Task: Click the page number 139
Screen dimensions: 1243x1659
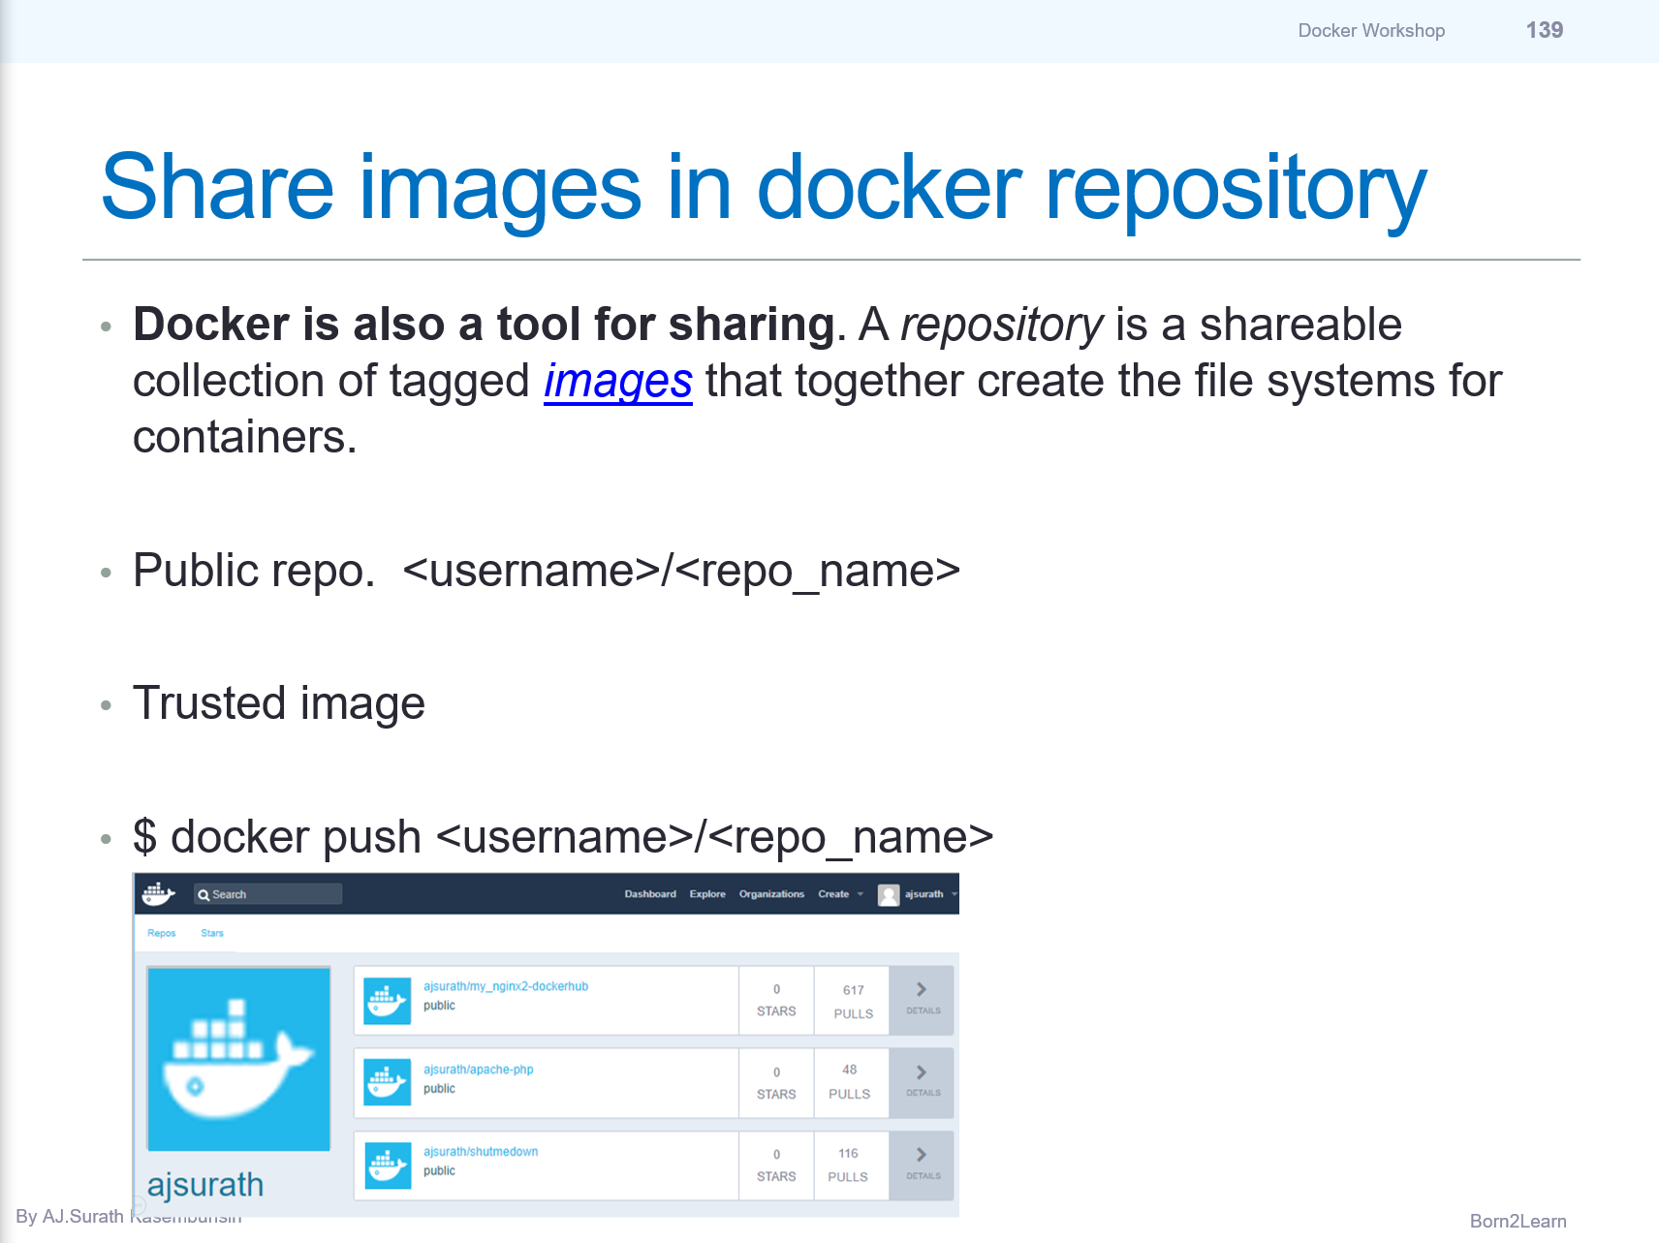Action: click(1544, 30)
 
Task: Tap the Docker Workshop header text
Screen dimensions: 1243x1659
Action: click(1371, 30)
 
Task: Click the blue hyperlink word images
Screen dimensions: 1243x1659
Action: click(617, 381)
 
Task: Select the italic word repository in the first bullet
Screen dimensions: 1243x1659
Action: click(1001, 325)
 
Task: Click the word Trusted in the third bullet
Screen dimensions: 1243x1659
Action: click(208, 703)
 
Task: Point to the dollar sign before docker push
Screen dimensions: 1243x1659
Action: click(144, 837)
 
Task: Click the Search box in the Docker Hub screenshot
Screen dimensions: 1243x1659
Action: click(267, 894)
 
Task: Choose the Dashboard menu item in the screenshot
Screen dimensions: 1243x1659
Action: click(650, 894)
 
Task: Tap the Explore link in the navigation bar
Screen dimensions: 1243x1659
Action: click(707, 894)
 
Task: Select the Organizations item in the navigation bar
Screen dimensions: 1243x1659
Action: click(771, 894)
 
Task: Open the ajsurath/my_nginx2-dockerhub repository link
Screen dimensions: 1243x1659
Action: click(506, 986)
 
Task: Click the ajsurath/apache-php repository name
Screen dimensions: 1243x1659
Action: click(478, 1070)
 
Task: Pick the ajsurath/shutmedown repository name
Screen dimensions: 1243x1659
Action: click(481, 1152)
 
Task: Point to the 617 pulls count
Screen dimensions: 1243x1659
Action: click(853, 990)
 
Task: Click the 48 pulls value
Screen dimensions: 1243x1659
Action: click(849, 1070)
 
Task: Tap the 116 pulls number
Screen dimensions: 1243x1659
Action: click(848, 1153)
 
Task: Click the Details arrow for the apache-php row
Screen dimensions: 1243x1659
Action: click(922, 1081)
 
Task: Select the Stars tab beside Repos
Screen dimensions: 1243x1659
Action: click(211, 933)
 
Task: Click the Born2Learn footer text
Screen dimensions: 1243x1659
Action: click(1518, 1221)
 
